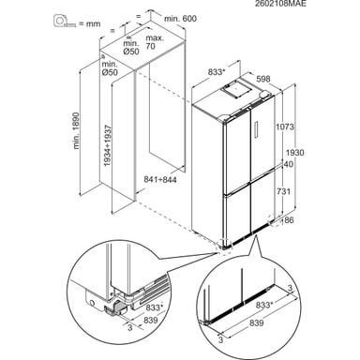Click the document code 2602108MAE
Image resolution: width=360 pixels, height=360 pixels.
click(x=280, y=4)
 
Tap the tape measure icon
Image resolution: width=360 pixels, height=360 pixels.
click(x=65, y=21)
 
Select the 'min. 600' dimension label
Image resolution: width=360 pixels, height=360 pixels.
click(x=181, y=19)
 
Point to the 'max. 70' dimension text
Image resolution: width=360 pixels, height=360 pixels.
click(x=155, y=42)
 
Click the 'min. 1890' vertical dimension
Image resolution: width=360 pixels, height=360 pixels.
click(x=76, y=130)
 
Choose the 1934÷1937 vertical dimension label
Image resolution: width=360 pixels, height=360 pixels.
click(x=108, y=145)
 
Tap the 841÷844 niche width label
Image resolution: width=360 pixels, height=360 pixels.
click(x=160, y=180)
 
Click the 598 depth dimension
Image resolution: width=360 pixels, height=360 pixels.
click(x=263, y=79)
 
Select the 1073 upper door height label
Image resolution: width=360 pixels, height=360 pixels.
click(x=285, y=127)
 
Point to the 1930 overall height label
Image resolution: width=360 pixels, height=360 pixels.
click(x=294, y=153)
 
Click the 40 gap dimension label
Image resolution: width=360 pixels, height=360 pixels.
click(x=289, y=164)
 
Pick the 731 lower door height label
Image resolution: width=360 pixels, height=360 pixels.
click(x=284, y=191)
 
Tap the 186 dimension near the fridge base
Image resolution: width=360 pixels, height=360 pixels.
click(x=287, y=220)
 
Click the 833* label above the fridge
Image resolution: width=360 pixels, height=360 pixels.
click(x=217, y=72)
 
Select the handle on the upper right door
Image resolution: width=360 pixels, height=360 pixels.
click(x=257, y=128)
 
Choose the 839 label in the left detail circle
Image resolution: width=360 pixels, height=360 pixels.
click(x=151, y=320)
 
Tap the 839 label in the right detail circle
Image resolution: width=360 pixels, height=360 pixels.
click(x=256, y=322)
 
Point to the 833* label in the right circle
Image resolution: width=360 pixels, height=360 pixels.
click(x=264, y=305)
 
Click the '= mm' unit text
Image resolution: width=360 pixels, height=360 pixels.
click(x=89, y=23)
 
